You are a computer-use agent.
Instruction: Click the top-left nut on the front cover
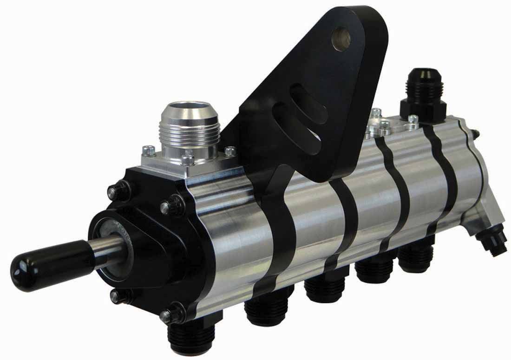(x=114, y=191)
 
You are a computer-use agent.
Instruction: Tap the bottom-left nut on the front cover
(x=115, y=296)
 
